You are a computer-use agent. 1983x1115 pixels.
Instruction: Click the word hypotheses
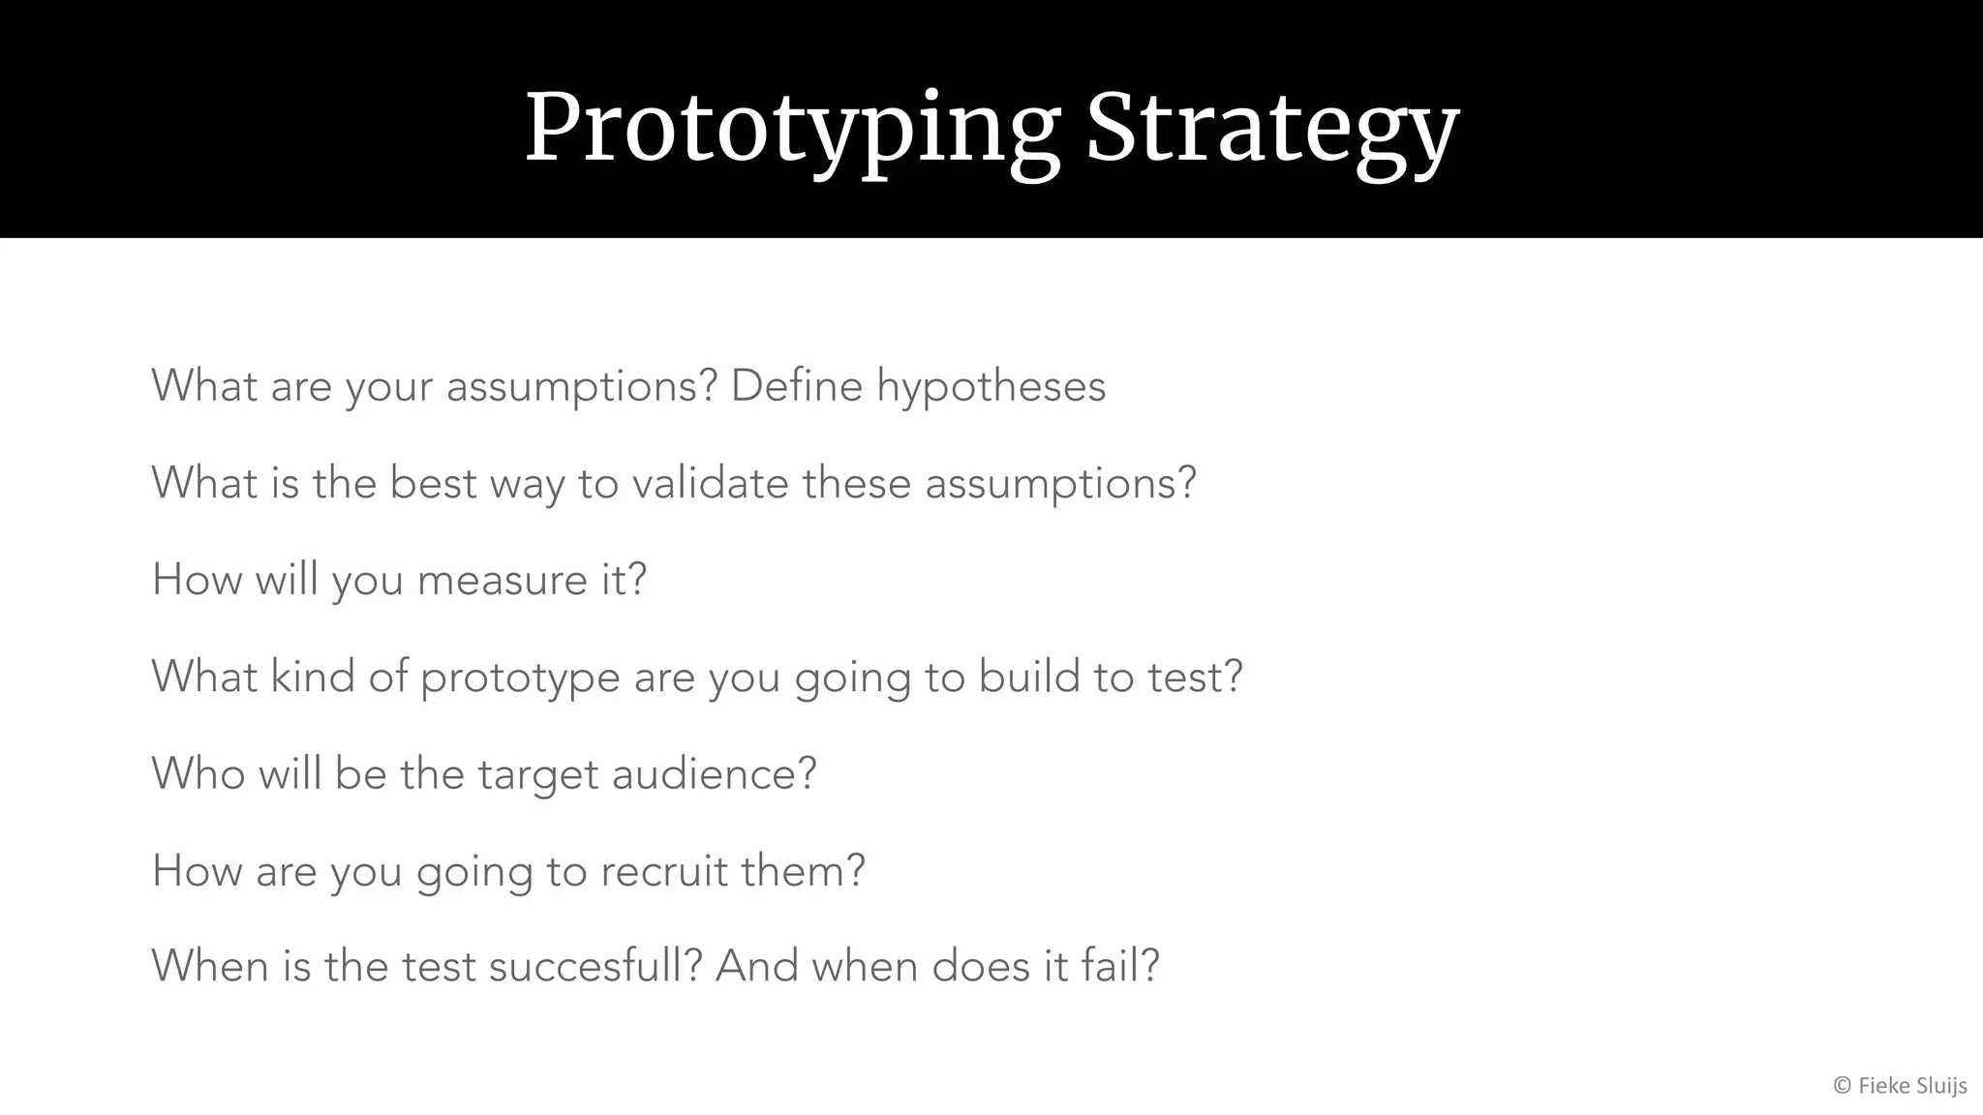point(991,387)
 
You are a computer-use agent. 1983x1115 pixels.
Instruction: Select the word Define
point(796,386)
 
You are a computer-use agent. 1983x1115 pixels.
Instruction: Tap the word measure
point(502,581)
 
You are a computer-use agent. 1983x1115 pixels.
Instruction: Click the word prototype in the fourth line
point(520,678)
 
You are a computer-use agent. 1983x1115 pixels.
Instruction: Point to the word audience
point(714,774)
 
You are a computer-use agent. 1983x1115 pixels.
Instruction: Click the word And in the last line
point(756,967)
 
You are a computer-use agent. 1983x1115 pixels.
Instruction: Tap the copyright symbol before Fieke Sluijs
point(1842,1087)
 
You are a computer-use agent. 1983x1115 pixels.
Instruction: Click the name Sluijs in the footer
point(1939,1087)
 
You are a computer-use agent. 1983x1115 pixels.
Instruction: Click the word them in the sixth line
point(802,871)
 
